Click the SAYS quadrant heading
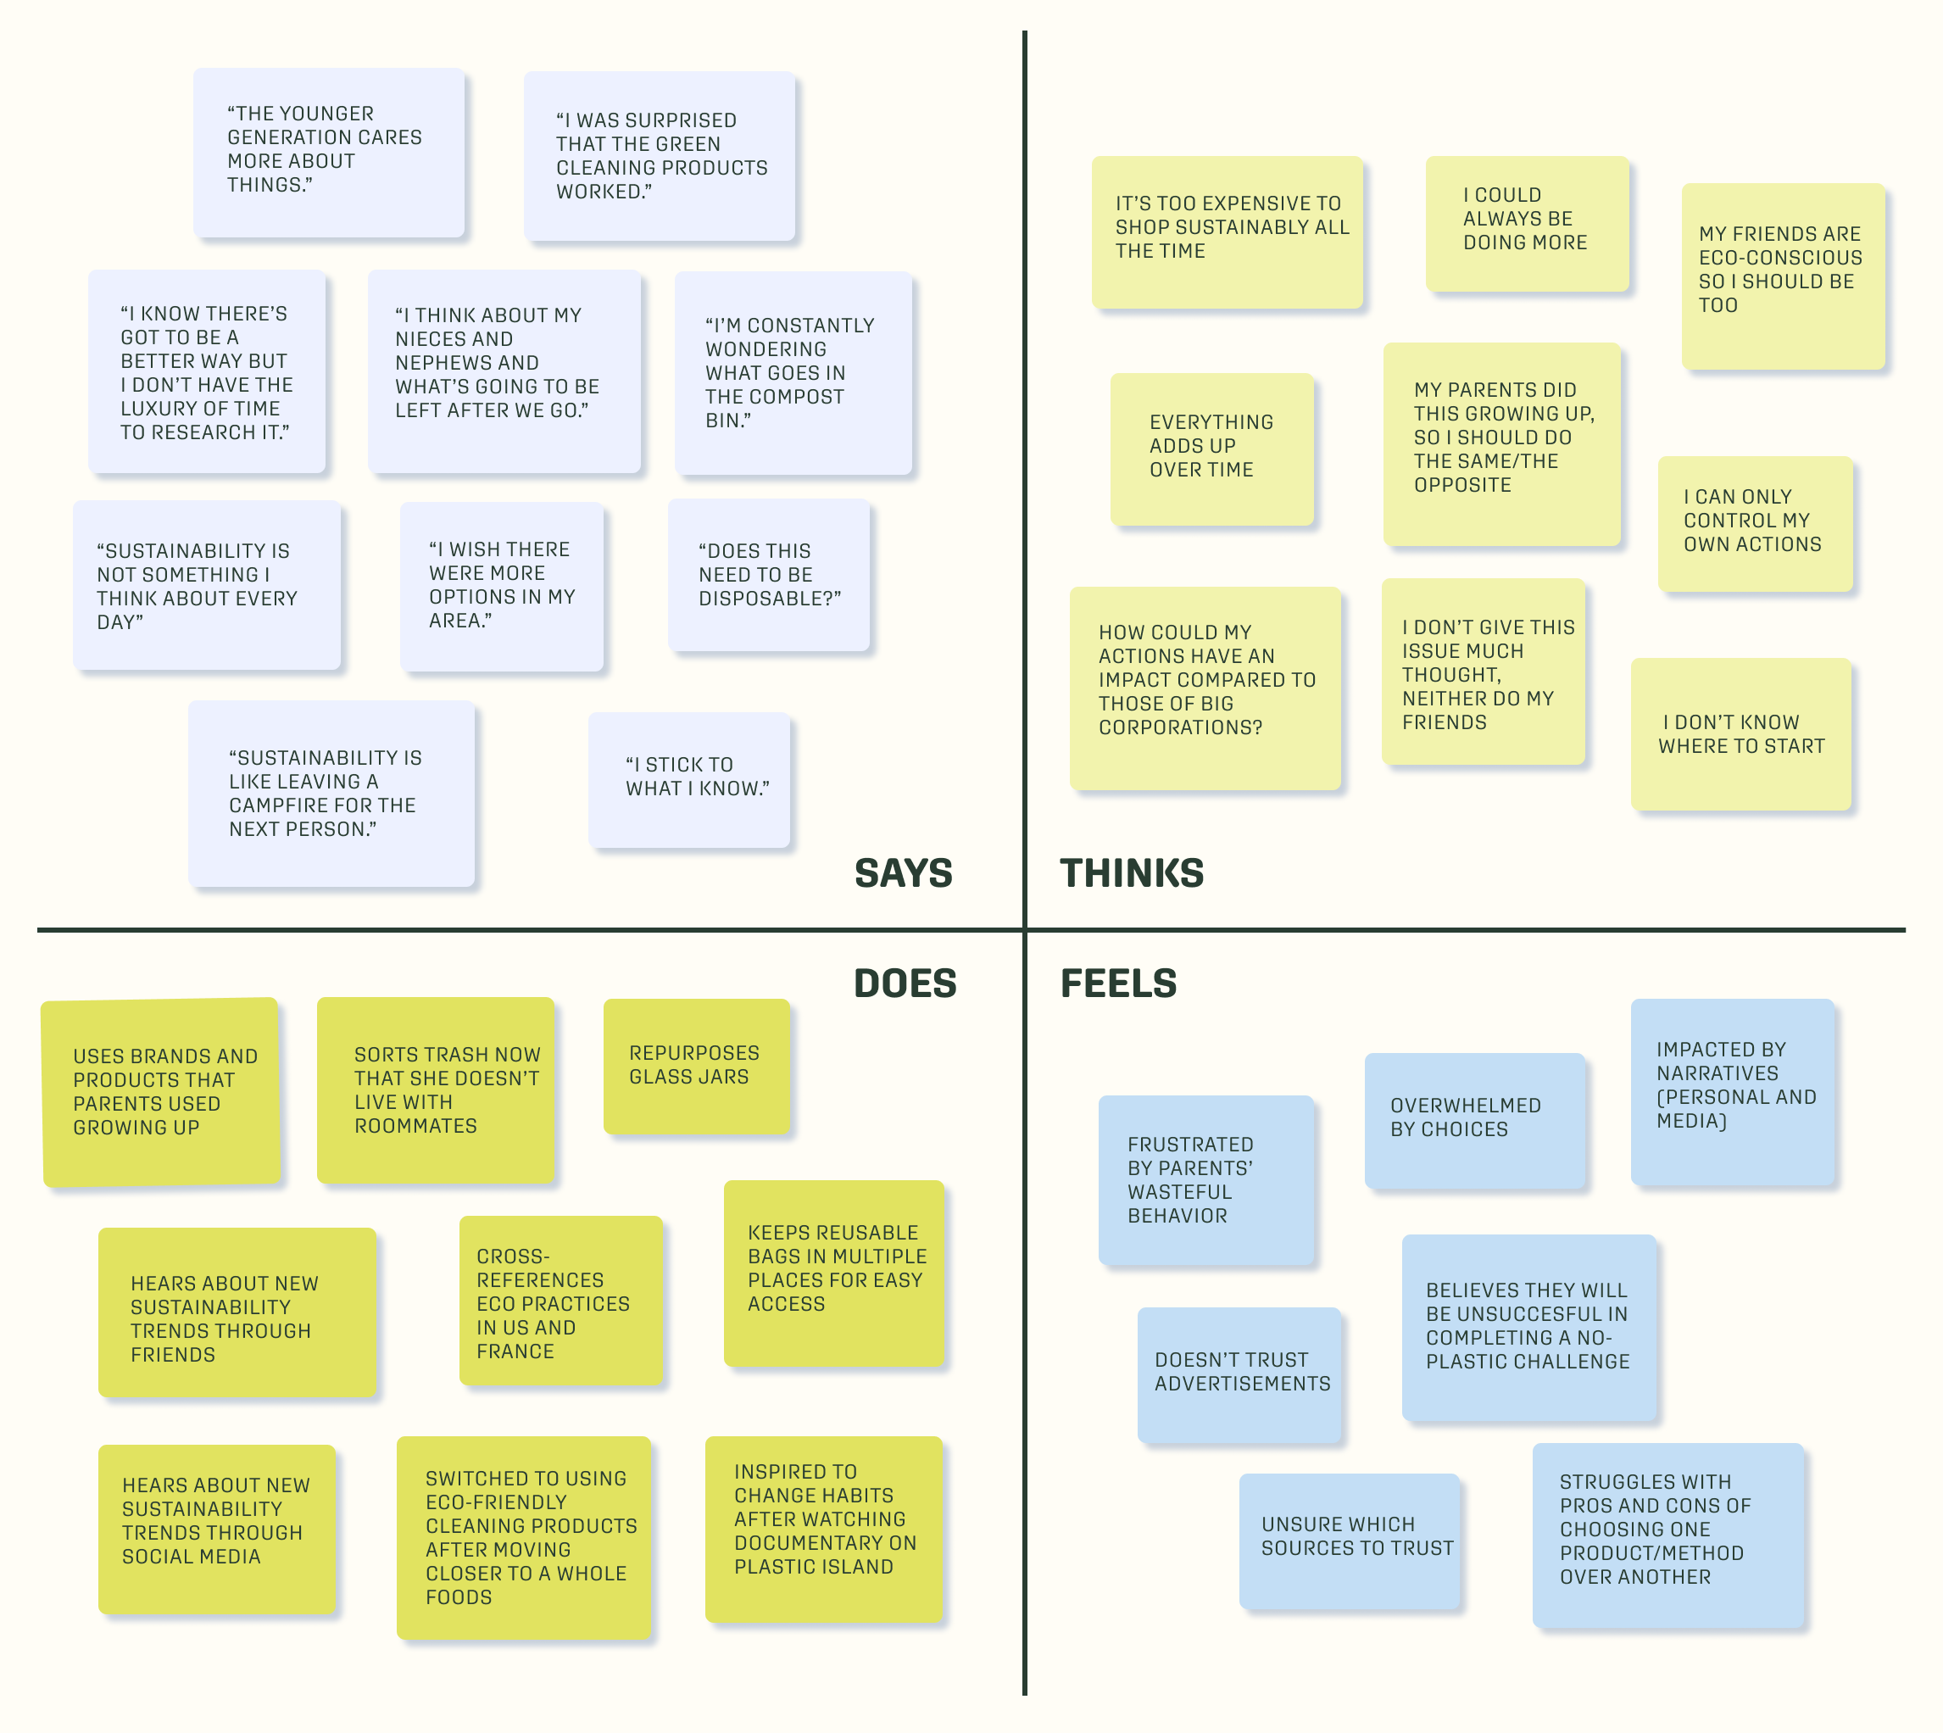903,873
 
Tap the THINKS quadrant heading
1131,873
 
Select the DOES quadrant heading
905,984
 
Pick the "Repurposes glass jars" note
696,1066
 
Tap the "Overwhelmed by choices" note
1473,1120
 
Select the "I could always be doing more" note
1526,223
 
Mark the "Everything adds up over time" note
1211,449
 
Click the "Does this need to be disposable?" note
768,576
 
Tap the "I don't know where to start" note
1740,734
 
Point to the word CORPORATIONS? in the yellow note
1179,727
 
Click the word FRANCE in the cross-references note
515,1351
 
